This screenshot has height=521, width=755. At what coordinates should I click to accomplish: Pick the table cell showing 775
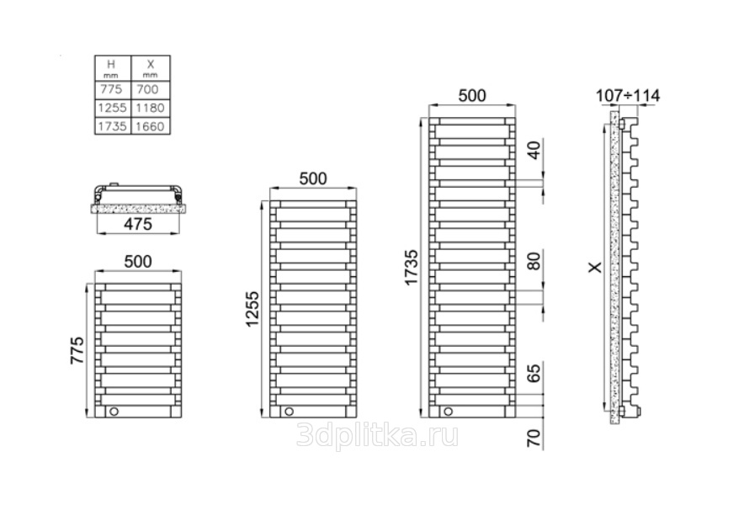tap(112, 89)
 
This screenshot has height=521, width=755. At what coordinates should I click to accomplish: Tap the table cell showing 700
tap(151, 89)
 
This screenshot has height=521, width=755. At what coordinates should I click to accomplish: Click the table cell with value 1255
tap(112, 108)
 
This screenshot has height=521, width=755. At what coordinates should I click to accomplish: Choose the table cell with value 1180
tap(151, 108)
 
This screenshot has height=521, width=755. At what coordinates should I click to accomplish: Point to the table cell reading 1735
tap(112, 126)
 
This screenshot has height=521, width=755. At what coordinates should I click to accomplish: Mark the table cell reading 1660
tap(151, 126)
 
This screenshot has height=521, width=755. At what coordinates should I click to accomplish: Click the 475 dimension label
tap(137, 223)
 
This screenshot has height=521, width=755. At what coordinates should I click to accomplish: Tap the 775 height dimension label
tap(78, 349)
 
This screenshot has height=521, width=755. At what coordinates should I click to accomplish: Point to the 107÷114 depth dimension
tap(626, 96)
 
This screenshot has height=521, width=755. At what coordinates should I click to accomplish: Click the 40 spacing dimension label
tap(532, 152)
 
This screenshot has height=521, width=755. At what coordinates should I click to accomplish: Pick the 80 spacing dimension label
tap(532, 263)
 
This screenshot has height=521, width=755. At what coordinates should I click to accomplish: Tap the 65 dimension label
tap(532, 374)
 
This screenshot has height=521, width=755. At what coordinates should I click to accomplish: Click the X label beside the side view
tap(594, 267)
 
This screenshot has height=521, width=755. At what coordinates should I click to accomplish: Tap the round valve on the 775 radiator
tap(115, 412)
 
